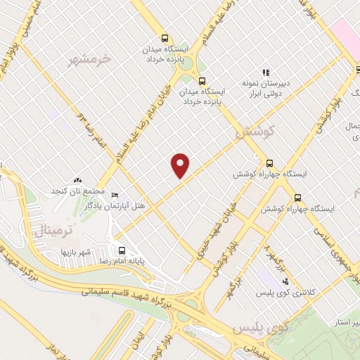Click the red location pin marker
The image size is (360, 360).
point(181,166)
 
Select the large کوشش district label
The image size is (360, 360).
point(255,131)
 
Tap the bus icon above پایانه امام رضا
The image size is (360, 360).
point(122,250)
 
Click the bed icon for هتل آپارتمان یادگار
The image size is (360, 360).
point(115,195)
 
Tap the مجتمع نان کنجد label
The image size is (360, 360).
point(78,191)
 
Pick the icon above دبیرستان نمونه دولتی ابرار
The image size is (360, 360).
point(266,72)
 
